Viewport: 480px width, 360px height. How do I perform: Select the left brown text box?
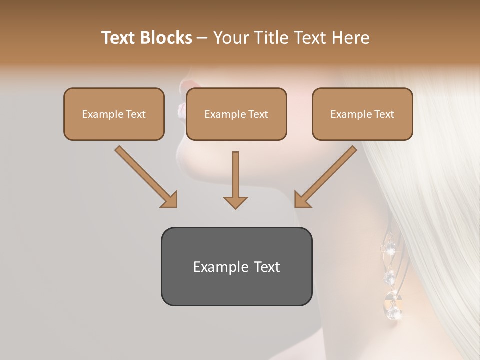pos(114,114)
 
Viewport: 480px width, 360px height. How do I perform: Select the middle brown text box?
pos(236,114)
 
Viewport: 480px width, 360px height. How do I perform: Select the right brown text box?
pos(362,114)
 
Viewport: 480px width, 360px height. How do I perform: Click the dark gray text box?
pos(236,266)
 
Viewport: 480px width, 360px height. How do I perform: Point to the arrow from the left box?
pos(145,176)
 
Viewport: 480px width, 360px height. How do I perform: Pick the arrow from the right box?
pos(327,176)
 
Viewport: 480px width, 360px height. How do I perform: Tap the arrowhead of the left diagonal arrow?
pos(170,200)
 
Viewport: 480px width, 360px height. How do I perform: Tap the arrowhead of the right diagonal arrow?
pos(302,200)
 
